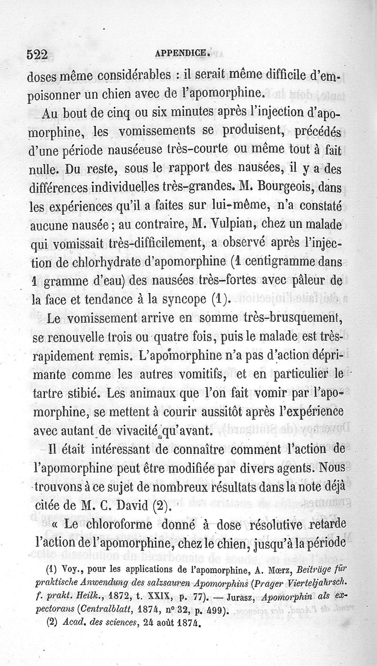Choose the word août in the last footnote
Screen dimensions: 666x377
pos(157,627)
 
